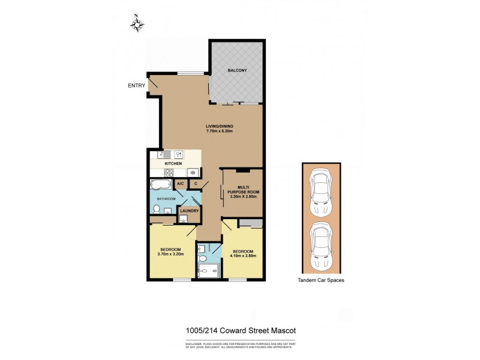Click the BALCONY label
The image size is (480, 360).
[237, 71]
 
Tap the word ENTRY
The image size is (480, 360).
[137, 86]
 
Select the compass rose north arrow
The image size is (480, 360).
[139, 24]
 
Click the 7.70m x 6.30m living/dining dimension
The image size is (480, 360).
[219, 131]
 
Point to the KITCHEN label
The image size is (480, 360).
[173, 163]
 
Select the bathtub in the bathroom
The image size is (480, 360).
[161, 184]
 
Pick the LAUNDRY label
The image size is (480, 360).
[190, 211]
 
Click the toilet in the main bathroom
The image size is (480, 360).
[156, 209]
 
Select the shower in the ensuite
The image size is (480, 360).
[209, 272]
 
